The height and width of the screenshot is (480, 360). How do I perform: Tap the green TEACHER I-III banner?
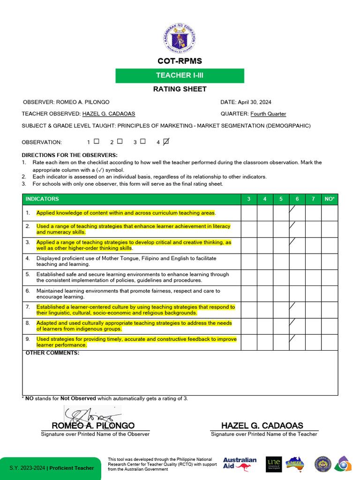click(x=180, y=75)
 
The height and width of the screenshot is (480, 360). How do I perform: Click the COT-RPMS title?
click(x=180, y=61)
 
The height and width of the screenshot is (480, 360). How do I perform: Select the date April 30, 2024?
click(x=255, y=102)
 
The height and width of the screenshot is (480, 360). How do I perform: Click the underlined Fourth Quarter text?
click(x=268, y=114)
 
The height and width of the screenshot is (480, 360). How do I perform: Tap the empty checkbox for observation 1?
click(x=97, y=141)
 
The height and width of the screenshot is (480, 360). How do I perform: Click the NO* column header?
click(x=330, y=199)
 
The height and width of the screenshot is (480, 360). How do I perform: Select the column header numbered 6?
click(x=297, y=199)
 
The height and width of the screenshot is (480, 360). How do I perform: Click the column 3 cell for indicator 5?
click(x=249, y=277)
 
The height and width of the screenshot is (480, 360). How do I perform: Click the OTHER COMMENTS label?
click(x=52, y=353)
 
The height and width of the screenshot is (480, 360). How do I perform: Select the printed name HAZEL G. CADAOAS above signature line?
click(x=262, y=426)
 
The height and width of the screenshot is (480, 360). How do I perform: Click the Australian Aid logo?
click(x=240, y=464)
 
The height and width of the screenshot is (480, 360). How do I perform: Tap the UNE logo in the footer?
click(x=274, y=464)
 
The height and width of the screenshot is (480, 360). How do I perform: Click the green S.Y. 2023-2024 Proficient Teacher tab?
click(x=51, y=468)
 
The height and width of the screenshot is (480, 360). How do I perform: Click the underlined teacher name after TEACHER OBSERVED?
click(x=109, y=114)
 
